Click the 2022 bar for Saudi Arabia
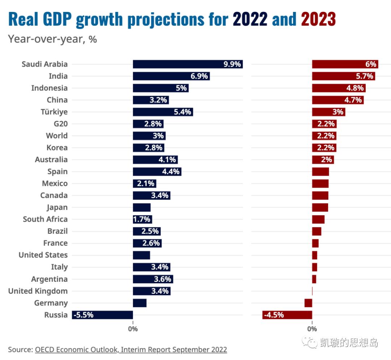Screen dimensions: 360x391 [188, 64]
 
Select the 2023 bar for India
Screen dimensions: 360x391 [343, 76]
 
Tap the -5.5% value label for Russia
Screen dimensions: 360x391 [83, 315]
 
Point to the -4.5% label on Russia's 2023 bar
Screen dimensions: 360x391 [274, 315]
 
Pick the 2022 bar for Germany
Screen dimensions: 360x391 [139, 303]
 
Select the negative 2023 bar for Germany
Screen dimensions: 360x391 [308, 303]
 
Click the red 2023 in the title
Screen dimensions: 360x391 [318, 19]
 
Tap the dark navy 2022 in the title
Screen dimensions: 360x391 [250, 19]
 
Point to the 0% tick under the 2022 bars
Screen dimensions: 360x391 [133, 329]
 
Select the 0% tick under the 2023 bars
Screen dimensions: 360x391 [312, 329]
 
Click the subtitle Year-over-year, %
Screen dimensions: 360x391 [52, 39]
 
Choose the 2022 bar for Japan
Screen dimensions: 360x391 [142, 207]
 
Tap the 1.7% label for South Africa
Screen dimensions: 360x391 [142, 219]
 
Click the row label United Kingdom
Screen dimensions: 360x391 [38, 291]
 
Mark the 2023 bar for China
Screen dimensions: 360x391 [337, 100]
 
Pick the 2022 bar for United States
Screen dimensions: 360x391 [141, 255]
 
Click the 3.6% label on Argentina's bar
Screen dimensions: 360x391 [162, 279]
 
